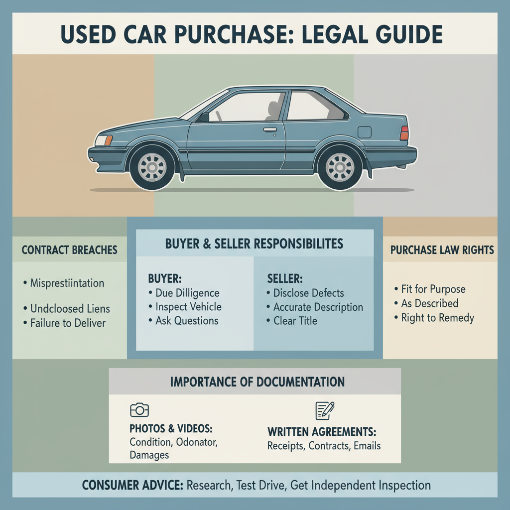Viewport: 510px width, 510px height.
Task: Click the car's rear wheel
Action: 340,167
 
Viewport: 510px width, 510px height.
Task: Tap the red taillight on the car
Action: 404,133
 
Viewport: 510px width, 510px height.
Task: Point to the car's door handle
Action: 270,130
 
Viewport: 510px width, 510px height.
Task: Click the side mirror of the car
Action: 204,117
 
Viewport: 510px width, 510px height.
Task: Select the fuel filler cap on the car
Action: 364,132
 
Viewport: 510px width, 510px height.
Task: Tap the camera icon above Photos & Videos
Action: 139,410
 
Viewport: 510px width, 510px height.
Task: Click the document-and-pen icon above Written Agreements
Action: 325,410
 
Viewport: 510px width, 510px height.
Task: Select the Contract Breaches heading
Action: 70,250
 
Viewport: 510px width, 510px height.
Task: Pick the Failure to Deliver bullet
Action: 68,323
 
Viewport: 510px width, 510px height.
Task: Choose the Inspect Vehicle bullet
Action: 188,307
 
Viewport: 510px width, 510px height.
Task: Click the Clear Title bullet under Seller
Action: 295,321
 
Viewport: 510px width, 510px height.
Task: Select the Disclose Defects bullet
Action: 309,293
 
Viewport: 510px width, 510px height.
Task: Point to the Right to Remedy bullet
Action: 437,317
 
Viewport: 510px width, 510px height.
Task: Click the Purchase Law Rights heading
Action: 442,250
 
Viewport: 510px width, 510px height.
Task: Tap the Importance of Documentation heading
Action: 257,382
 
